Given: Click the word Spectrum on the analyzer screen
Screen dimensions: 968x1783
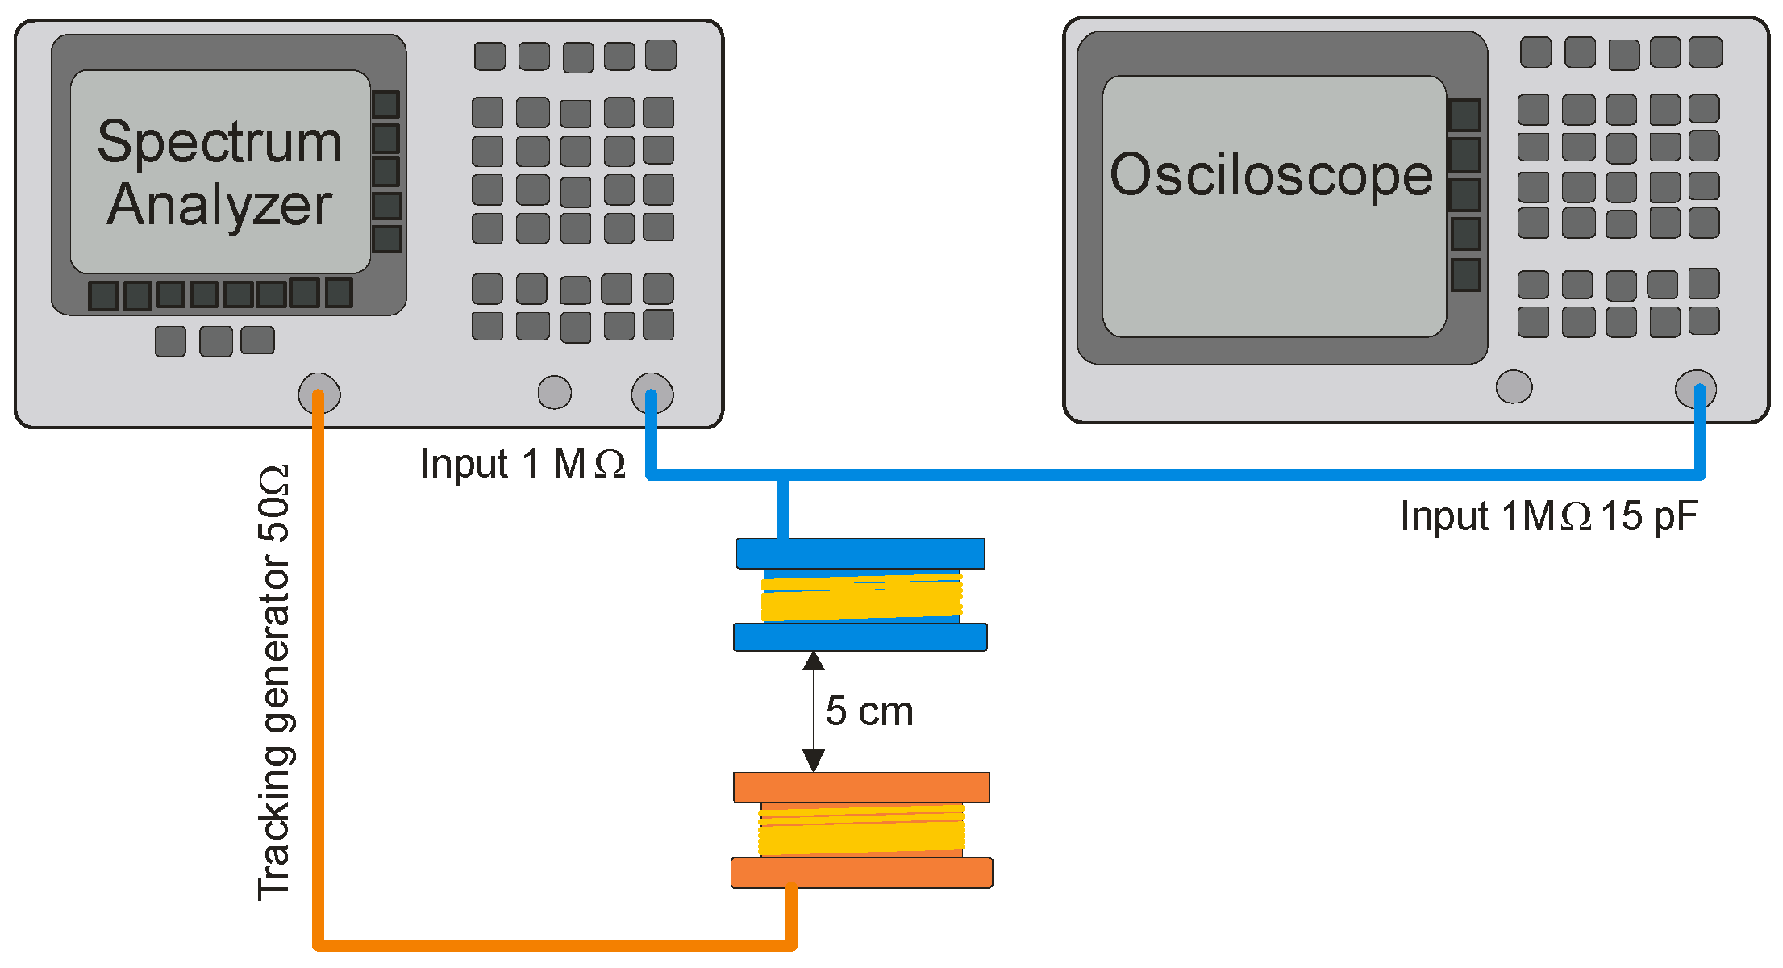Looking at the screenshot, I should [219, 143].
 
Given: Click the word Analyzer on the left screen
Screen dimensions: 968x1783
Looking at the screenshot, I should [219, 205].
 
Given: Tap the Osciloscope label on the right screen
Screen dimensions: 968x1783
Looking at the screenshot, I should [1271, 175].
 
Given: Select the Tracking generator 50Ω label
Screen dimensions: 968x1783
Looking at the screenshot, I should [274, 682].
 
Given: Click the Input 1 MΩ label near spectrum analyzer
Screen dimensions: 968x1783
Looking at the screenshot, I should [523, 465].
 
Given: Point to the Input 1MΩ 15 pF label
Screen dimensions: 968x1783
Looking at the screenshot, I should [1548, 516].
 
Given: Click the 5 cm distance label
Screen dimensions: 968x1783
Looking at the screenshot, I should [869, 711].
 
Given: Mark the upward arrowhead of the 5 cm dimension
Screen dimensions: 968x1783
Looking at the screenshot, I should [814, 662].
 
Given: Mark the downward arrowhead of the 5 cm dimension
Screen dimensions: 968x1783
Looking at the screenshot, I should [814, 760].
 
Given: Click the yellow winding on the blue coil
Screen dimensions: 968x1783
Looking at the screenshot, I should [861, 598].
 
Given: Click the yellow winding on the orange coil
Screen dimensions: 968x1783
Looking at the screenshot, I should [861, 831].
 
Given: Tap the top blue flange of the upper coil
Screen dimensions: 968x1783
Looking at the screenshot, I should [860, 553].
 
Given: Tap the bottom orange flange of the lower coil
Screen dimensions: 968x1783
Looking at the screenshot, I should [861, 873].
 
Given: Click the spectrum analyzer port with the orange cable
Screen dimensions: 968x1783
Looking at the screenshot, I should [319, 394].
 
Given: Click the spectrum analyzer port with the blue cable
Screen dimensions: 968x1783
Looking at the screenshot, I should [652, 393].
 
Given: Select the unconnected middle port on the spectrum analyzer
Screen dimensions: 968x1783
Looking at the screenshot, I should [555, 393].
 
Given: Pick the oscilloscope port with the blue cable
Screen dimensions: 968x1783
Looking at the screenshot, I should [1695, 390].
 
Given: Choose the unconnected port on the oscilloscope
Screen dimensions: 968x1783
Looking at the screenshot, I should [1514, 386].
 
